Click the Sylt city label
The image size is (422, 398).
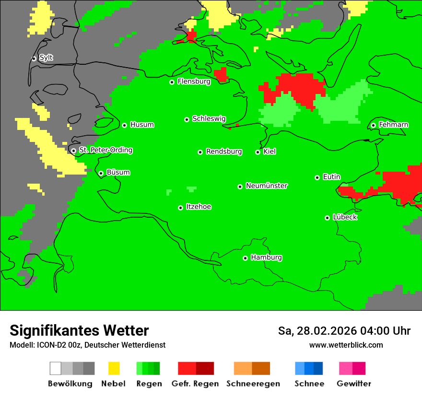(46, 58)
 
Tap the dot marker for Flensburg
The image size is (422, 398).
(172, 82)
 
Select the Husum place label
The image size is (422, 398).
(142, 125)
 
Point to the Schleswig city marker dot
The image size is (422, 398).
(187, 119)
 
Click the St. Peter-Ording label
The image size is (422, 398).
(105, 150)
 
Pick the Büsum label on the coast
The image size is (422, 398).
(118, 173)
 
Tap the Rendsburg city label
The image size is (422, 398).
(224, 152)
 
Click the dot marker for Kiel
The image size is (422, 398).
(258, 152)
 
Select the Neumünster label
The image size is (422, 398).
(267, 186)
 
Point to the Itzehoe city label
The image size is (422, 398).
(199, 207)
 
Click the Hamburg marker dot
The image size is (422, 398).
(245, 258)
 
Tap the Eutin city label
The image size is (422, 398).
(331, 177)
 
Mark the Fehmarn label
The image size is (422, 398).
(393, 125)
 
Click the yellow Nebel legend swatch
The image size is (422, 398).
(114, 368)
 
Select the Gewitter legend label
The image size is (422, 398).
(353, 384)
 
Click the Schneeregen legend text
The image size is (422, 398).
(253, 384)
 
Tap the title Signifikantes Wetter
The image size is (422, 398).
(79, 330)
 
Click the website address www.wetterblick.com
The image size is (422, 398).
(346, 345)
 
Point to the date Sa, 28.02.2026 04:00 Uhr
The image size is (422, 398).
(344, 331)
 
